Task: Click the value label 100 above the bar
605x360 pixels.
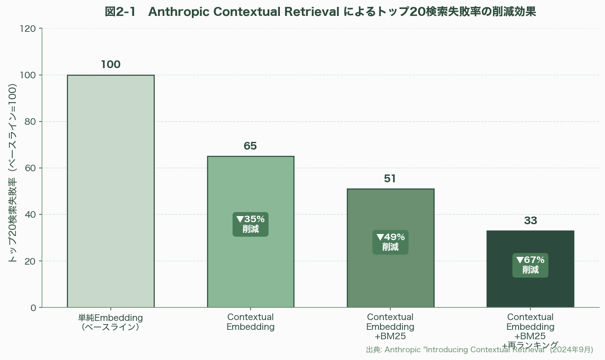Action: [111, 64]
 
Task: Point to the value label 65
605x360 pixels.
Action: [250, 146]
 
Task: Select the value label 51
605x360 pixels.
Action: [390, 179]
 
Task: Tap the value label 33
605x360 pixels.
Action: [530, 221]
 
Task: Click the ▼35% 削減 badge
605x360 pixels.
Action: [251, 224]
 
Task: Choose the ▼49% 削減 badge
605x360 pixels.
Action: [390, 242]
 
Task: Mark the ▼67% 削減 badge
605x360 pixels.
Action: [530, 265]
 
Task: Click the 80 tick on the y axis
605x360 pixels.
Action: [30, 121]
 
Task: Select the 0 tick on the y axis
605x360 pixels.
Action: [33, 308]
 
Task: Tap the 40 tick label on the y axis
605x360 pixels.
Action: [30, 214]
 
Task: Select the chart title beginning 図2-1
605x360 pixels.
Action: [320, 12]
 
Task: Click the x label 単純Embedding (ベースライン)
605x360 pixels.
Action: [110, 322]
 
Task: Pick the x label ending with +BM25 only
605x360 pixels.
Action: [390, 327]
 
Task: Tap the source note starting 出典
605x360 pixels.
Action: [479, 350]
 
